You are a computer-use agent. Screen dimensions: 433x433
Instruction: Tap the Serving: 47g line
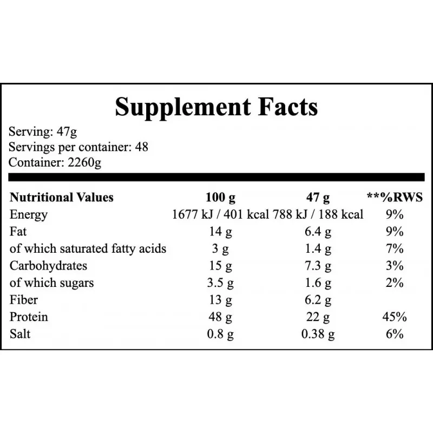pos(43,132)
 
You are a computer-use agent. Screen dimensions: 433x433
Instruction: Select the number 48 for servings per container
pos(142,147)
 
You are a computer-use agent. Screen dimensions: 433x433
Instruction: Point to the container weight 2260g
pos(84,163)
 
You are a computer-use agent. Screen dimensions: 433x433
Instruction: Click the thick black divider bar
pos(216,178)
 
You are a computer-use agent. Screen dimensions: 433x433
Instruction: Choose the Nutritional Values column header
pos(62,198)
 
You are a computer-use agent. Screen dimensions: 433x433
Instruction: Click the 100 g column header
pos(221,198)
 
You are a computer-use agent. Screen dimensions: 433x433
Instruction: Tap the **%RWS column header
pos(395,198)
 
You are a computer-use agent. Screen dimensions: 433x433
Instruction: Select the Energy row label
pos(29,215)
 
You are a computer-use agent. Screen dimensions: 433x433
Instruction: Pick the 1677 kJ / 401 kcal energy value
pos(220,214)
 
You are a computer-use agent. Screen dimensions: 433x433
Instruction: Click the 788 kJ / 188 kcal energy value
pos(318,214)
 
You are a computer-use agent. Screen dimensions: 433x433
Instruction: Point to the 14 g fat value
pos(220,232)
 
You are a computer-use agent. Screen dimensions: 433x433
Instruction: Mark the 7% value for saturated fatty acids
pos(395,248)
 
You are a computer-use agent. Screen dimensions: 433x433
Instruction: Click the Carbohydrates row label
pos(48,266)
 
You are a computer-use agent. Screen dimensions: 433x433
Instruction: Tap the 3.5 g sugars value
pos(220,283)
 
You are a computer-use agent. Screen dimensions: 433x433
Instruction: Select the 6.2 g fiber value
pos(318,300)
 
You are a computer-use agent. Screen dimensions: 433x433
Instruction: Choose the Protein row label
pos(29,317)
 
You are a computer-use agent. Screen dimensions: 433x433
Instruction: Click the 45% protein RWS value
pos(395,317)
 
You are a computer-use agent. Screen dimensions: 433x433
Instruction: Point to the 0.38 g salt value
pos(318,334)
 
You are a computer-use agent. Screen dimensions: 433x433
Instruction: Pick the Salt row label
pos(20,334)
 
